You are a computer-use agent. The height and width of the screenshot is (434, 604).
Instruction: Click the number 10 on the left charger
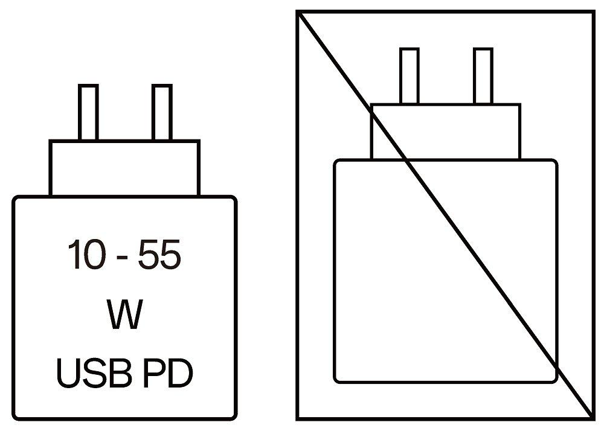tap(86, 254)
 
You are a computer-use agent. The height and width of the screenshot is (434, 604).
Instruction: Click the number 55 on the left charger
tap(159, 254)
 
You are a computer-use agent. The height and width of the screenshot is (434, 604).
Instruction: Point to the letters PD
tap(168, 373)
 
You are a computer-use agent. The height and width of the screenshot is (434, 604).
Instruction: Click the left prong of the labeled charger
tap(88, 112)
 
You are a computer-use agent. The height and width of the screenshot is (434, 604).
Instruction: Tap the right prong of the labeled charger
tap(162, 112)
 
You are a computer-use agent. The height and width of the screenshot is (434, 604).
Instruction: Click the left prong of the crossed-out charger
tap(410, 76)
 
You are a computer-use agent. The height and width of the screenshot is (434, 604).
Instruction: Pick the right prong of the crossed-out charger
tap(483, 76)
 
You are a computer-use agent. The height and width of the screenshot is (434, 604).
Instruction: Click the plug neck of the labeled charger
tap(124, 168)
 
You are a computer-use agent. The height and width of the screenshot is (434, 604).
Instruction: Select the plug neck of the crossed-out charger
tap(446, 132)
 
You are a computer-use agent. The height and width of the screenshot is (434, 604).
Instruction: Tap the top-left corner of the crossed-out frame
tap(298, 12)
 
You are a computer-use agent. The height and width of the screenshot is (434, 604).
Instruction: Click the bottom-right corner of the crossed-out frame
tap(593, 418)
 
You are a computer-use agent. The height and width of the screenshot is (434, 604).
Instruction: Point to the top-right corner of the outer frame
tap(593, 12)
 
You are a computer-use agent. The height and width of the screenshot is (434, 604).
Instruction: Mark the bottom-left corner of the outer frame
tap(298, 418)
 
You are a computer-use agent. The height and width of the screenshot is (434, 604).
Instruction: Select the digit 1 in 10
tap(74, 254)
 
